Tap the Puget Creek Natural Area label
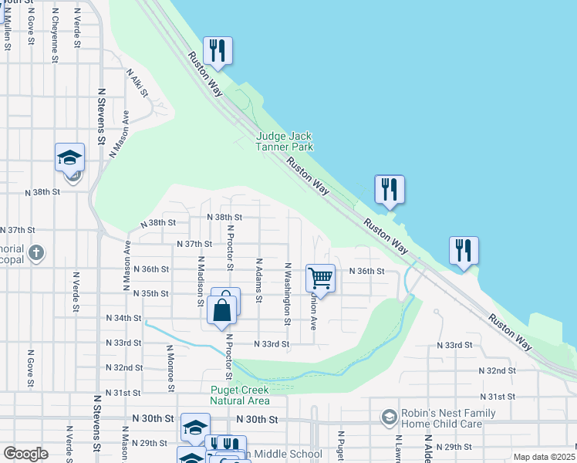pos(240,395)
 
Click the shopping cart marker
pos(320,278)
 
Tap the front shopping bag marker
pos(221,311)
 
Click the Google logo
pos(25,454)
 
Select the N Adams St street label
pos(260,279)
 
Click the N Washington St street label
pos(287,294)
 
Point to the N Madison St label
pos(200,277)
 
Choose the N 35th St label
pos(150,294)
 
